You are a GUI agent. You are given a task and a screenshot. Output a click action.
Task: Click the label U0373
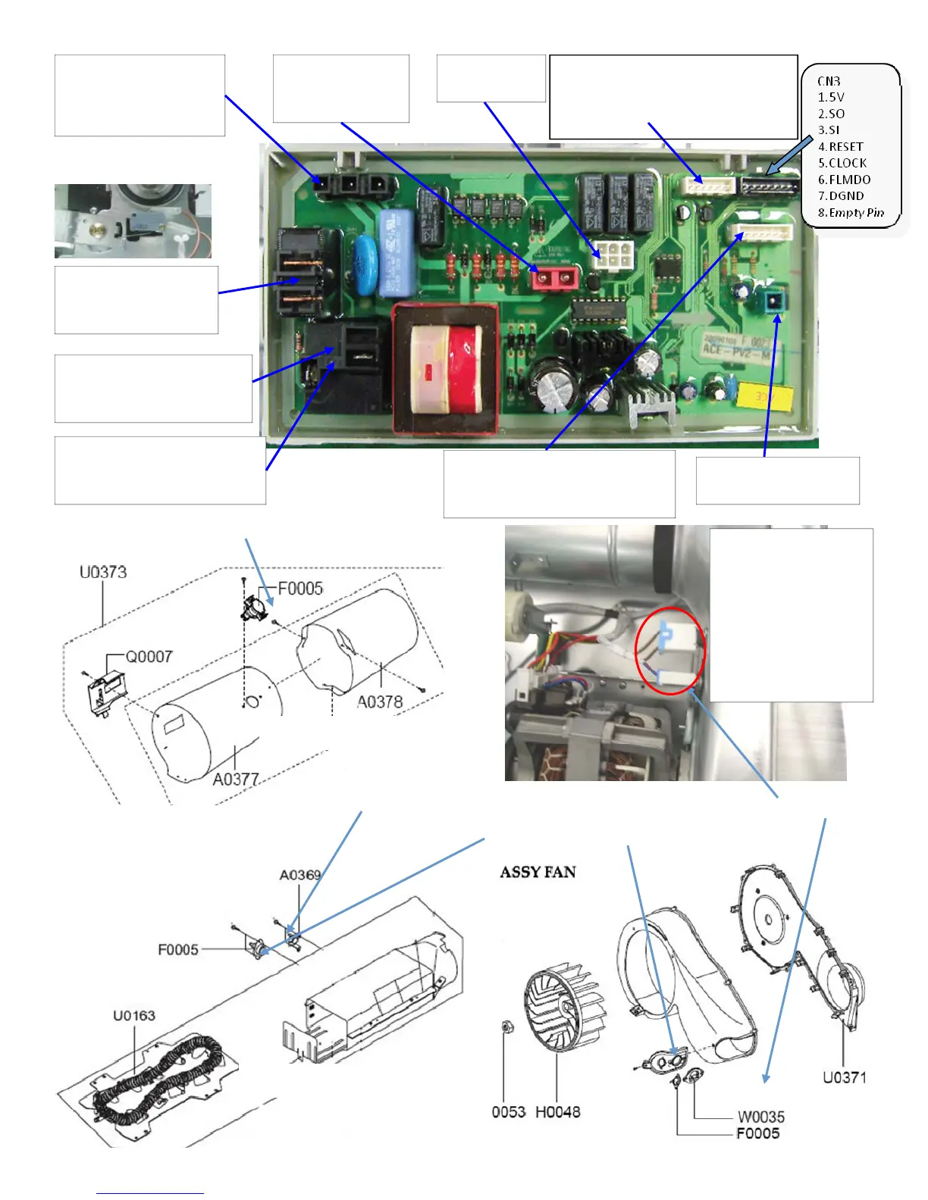pos(103,572)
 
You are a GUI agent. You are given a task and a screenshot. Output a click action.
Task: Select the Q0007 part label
pos(149,656)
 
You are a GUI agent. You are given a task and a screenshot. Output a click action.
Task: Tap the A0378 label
pos(380,702)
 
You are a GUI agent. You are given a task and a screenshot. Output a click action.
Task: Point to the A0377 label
pos(236,779)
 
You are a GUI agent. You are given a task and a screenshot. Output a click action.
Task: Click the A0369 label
pos(300,875)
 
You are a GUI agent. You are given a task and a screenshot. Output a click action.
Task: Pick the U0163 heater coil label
pos(134,1015)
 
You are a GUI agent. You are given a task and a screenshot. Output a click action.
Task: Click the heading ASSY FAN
pos(538,872)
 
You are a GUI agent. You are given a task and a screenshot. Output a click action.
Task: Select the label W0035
pos(761,1117)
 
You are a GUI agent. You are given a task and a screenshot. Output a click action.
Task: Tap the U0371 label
pos(845,1077)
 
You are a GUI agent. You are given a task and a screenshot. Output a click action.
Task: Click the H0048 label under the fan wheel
pos(557,1112)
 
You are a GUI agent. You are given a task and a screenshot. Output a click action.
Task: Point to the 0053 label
pos(508,1112)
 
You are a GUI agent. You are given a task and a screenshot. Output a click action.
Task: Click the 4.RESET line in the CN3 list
pos(840,147)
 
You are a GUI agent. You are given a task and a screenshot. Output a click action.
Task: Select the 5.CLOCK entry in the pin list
pos(842,163)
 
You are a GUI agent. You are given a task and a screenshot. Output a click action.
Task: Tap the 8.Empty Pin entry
pos(851,213)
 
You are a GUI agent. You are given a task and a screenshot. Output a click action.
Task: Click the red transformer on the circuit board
pos(445,369)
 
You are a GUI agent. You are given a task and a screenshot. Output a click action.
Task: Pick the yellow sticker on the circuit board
pos(764,395)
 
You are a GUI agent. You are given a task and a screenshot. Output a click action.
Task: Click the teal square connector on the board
pos(773,302)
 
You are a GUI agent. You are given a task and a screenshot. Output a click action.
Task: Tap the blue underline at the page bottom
pos(149,1194)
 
